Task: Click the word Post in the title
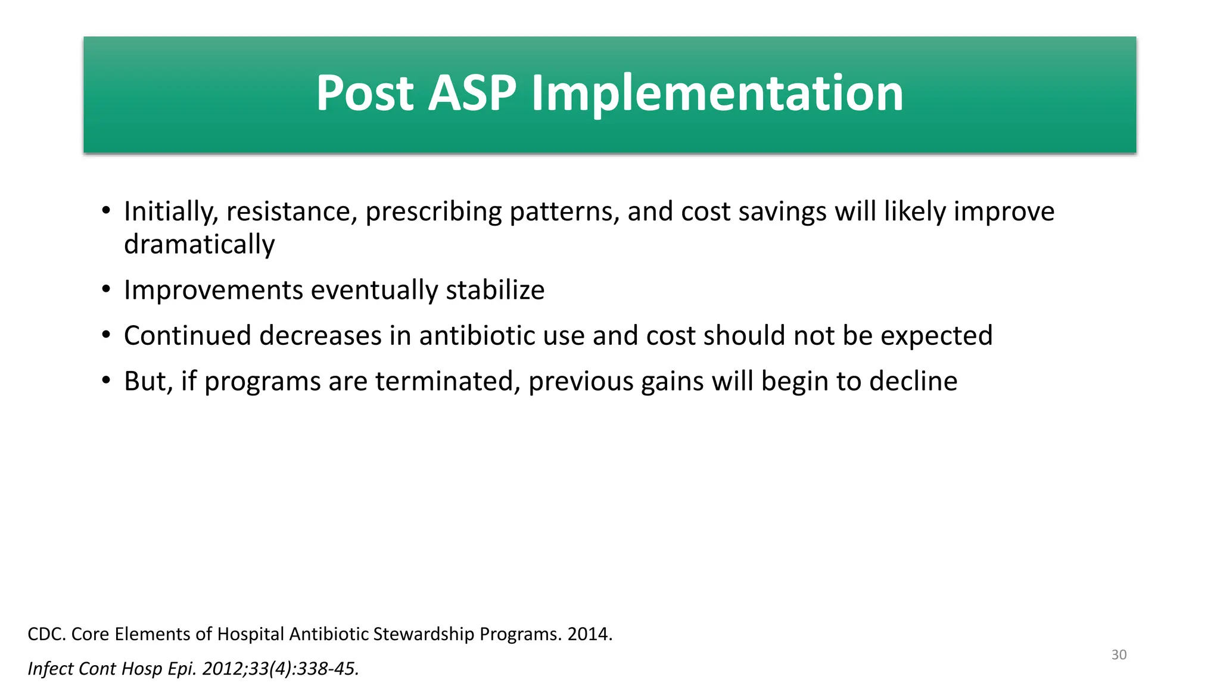(364, 93)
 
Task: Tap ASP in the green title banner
(472, 93)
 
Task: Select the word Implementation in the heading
(717, 93)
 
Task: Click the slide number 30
(1119, 655)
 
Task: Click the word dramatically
(199, 245)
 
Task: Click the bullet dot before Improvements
(106, 290)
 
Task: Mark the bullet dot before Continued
(106, 335)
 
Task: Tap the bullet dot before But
(106, 381)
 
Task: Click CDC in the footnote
(46, 634)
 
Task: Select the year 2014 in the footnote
(589, 634)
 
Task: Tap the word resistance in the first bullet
(291, 212)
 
